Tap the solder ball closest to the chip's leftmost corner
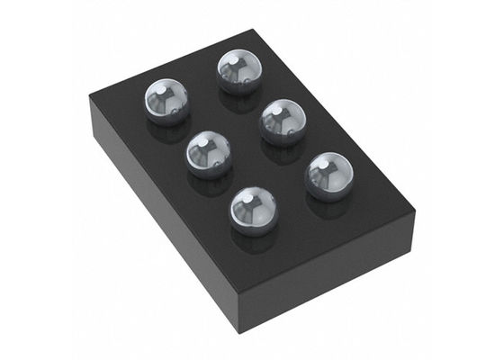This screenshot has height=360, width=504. coord(168,102)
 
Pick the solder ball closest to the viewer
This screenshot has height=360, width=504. coord(254,209)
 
